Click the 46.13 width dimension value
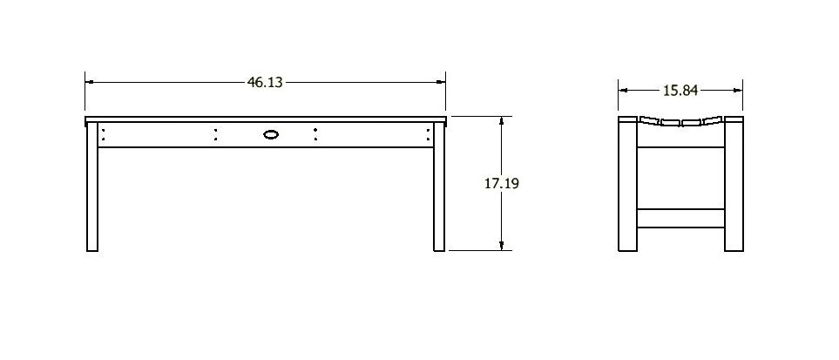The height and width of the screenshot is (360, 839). [x=265, y=83]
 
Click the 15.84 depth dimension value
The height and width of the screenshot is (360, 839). [x=680, y=89]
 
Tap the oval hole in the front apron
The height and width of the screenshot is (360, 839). [x=271, y=134]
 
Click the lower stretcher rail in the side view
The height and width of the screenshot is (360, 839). [x=681, y=217]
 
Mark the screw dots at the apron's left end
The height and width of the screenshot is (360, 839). [x=103, y=134]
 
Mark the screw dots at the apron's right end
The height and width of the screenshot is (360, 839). [x=429, y=134]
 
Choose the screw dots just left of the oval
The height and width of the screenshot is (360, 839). [x=216, y=134]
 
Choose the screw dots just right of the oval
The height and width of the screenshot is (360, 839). [x=315, y=134]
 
